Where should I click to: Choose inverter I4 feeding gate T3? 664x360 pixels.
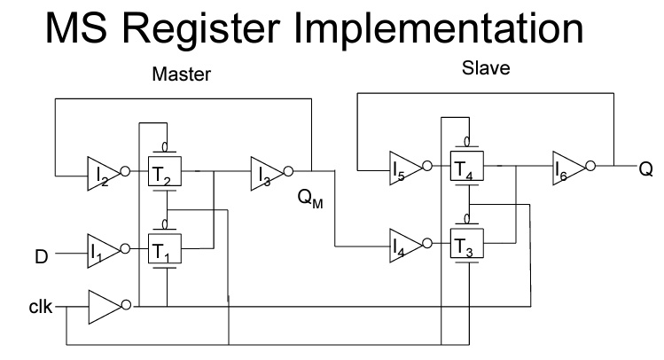click(403, 244)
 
